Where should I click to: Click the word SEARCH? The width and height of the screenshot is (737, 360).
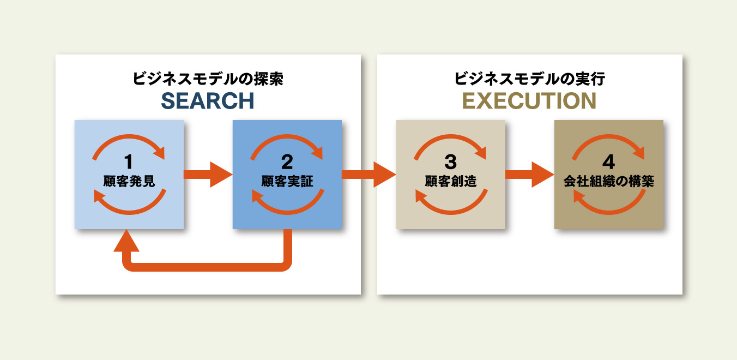point(208,101)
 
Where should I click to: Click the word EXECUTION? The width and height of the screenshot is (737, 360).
point(529,101)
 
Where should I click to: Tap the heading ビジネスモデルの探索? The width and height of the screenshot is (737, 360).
point(208,79)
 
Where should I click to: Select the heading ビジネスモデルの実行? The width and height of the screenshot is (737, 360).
point(529,79)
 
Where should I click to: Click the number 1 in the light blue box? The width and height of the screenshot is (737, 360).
point(129,162)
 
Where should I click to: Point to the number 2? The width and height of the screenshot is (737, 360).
point(287,162)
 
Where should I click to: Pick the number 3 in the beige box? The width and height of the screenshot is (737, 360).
point(450,162)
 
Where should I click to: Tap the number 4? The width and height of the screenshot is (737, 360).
point(608,162)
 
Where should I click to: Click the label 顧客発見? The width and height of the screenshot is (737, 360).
point(129,181)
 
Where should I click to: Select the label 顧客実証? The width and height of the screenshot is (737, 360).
point(287,181)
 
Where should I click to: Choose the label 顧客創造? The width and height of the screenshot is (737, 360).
point(451,181)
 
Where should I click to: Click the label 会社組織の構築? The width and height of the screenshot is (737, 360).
point(609,181)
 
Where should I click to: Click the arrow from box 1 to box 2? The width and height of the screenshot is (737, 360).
point(208,175)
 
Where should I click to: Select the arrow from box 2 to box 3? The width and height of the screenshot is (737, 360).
point(368,175)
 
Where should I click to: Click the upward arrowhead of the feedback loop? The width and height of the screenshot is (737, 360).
point(126,242)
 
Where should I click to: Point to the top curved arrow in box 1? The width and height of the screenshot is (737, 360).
point(129,137)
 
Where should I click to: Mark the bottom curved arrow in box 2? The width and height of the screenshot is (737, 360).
point(287,208)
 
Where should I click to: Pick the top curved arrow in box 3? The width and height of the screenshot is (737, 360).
point(451,137)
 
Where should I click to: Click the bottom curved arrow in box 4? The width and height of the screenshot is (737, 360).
point(609,208)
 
